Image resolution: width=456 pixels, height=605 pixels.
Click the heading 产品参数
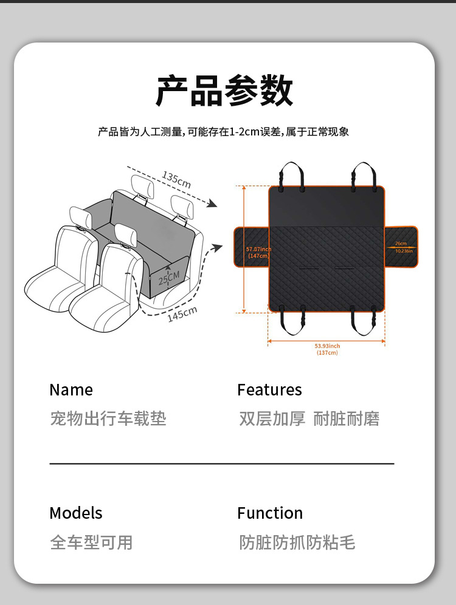[x=224, y=92]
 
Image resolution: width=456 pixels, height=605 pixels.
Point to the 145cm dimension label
[x=182, y=315]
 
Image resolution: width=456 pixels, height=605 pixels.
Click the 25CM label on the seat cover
[x=169, y=278]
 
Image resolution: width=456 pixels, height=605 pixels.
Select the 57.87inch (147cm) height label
[x=258, y=253]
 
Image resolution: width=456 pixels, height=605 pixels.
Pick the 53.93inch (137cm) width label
[x=327, y=349]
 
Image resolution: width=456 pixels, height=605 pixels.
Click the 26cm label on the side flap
[x=401, y=244]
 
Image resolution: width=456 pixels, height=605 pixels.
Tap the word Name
[x=71, y=390]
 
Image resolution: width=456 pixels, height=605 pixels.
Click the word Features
[x=269, y=390]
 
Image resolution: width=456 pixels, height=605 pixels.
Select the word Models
[x=76, y=513]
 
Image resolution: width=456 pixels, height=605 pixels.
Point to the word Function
[x=270, y=513]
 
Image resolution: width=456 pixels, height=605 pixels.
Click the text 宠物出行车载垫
[x=108, y=419]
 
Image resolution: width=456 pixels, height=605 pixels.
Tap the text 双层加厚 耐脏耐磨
[x=309, y=419]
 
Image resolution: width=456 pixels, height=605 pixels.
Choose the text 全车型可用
[x=91, y=542]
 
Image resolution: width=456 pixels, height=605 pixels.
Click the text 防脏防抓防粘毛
[x=297, y=542]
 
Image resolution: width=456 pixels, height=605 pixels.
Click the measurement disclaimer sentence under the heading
[x=224, y=132]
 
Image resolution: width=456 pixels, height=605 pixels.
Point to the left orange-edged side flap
[x=250, y=246]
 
